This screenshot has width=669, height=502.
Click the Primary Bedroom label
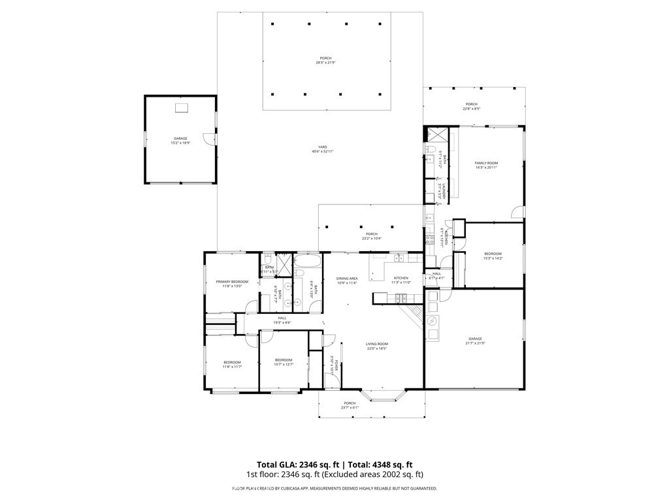pyautogui.click(x=233, y=282)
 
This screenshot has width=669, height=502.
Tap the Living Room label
pyautogui.click(x=377, y=344)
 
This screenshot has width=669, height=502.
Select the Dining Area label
pyautogui.click(x=347, y=278)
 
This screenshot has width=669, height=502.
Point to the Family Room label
pyautogui.click(x=486, y=163)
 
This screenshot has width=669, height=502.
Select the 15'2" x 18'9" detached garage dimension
pyautogui.click(x=180, y=142)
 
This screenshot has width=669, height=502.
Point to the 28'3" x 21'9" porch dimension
pyautogui.click(x=325, y=63)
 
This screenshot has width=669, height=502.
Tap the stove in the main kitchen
pyautogui.click(x=400, y=298)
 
